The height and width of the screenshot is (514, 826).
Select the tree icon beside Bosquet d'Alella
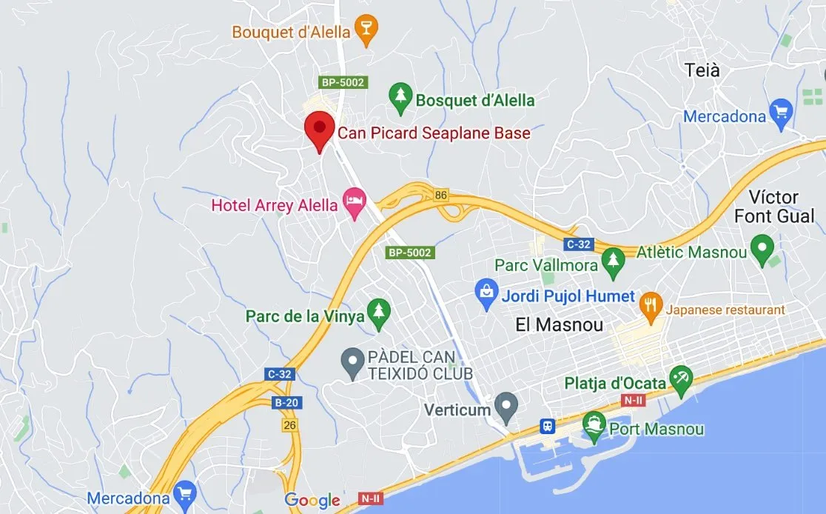click(x=400, y=98)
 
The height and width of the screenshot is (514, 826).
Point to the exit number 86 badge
click(x=442, y=195)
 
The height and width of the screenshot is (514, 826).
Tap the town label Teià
click(x=702, y=71)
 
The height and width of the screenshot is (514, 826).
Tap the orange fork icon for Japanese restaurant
click(x=651, y=307)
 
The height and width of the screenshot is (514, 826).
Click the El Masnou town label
click(x=559, y=324)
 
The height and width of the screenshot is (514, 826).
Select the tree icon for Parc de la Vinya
click(x=379, y=313)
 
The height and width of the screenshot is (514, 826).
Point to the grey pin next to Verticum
click(x=506, y=405)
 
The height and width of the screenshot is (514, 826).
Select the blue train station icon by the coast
click(x=547, y=427)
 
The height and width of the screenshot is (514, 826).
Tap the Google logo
click(x=312, y=501)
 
